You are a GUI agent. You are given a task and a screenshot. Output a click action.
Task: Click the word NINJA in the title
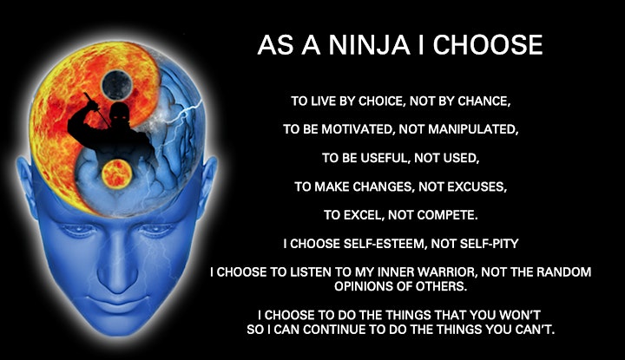[x=369, y=44]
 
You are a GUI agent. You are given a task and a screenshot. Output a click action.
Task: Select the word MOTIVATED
[x=357, y=129]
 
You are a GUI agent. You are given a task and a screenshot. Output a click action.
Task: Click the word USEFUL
[x=385, y=158]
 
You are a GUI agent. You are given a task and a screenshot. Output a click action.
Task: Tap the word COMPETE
[x=448, y=215]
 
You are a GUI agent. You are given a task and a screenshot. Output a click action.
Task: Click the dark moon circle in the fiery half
[x=116, y=85]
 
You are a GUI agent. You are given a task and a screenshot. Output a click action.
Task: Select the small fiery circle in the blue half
[x=117, y=173]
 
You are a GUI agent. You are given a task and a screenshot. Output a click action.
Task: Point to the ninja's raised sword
[x=96, y=108]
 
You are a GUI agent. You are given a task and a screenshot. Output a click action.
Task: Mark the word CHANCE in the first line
[x=484, y=101]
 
